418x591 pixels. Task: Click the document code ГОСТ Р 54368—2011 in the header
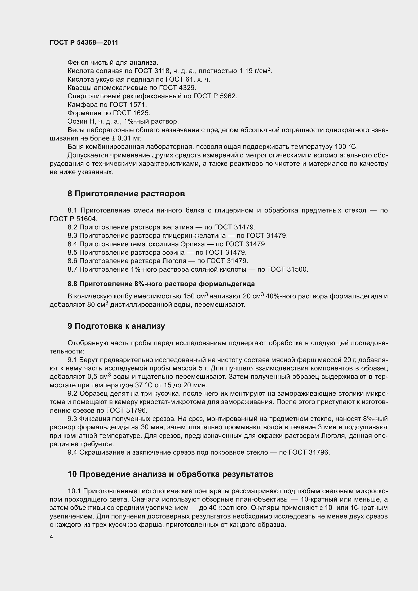[x=84, y=42]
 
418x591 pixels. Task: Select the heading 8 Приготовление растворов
[x=126, y=194]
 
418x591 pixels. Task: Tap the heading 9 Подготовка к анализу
[x=116, y=326]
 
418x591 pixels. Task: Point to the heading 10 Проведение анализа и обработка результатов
[x=170, y=474]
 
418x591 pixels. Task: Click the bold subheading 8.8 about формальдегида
[x=161, y=284]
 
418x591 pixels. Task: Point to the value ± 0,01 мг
[x=126, y=138]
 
